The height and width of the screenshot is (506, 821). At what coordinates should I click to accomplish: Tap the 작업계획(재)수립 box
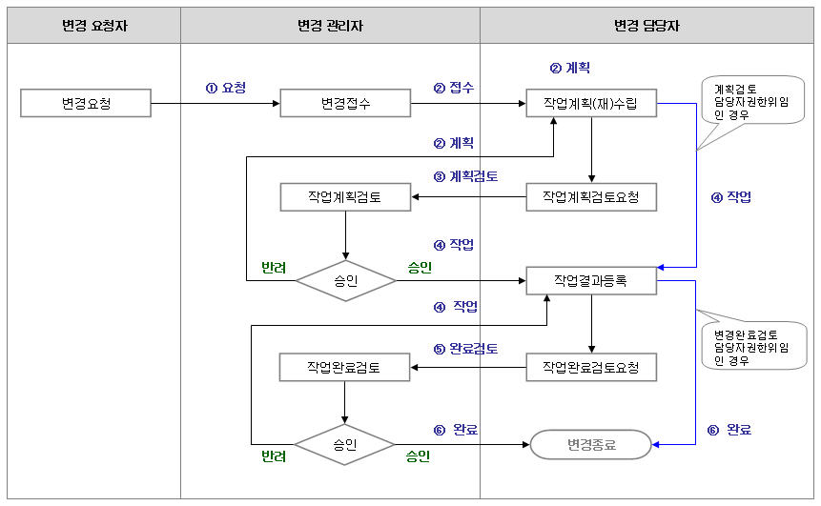pyautogui.click(x=591, y=103)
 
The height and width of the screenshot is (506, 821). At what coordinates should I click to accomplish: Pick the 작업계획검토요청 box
pyautogui.click(x=591, y=197)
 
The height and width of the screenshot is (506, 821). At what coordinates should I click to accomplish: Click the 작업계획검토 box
pyautogui.click(x=345, y=197)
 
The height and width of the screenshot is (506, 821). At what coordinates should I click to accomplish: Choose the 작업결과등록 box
pyautogui.click(x=591, y=281)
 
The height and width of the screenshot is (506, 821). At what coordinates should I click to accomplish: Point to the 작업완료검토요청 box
pyautogui.click(x=591, y=367)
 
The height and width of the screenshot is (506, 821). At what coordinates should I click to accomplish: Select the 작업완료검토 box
pyautogui.click(x=344, y=367)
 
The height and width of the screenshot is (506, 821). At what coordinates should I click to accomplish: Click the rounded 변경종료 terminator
pyautogui.click(x=591, y=444)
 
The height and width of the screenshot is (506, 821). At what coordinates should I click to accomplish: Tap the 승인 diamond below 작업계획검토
pyautogui.click(x=344, y=281)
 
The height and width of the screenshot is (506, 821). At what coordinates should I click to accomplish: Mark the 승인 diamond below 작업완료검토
pyautogui.click(x=344, y=444)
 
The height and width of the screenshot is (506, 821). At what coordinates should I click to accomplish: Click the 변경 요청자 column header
pyautogui.click(x=94, y=27)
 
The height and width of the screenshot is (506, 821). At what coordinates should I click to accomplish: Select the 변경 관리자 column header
pyautogui.click(x=329, y=27)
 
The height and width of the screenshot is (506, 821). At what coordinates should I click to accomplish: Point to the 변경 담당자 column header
pyautogui.click(x=647, y=27)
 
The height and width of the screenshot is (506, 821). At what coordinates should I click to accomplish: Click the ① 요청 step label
pyautogui.click(x=225, y=88)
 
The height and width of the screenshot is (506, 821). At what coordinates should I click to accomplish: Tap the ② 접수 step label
pyautogui.click(x=454, y=88)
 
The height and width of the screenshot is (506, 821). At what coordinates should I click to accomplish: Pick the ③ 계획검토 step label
pyautogui.click(x=465, y=176)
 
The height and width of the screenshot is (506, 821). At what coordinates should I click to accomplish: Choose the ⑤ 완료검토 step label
pyautogui.click(x=465, y=348)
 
